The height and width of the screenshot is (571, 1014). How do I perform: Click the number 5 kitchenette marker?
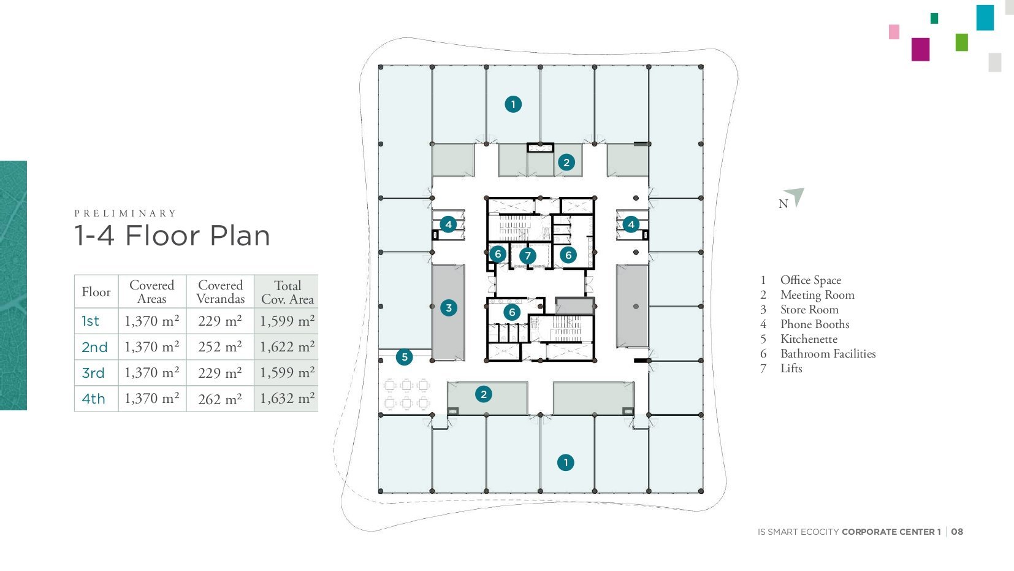pyautogui.click(x=404, y=357)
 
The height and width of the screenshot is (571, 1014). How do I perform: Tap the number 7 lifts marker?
pyautogui.click(x=527, y=256)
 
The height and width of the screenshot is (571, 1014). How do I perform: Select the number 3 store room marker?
pyautogui.click(x=449, y=308)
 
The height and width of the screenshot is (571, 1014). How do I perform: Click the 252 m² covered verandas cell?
pyautogui.click(x=220, y=347)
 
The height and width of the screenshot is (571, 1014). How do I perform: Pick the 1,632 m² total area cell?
pyautogui.click(x=287, y=399)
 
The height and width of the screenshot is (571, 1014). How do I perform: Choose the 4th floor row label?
pyautogui.click(x=93, y=399)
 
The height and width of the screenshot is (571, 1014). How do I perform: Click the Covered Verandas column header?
pyautogui.click(x=221, y=292)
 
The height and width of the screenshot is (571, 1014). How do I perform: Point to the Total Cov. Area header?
pyautogui.click(x=288, y=292)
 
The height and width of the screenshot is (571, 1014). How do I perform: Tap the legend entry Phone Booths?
pyautogui.click(x=814, y=324)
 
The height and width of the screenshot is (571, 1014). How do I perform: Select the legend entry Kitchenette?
pyautogui.click(x=809, y=339)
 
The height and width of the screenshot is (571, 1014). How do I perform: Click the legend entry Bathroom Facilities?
pyautogui.click(x=828, y=354)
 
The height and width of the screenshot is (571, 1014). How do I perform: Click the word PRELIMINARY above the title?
pyautogui.click(x=125, y=213)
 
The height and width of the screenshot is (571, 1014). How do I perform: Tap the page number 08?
pyautogui.click(x=957, y=532)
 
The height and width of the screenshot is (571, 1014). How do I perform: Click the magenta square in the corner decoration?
pyautogui.click(x=920, y=49)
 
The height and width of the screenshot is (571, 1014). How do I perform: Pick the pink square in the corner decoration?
pyautogui.click(x=894, y=32)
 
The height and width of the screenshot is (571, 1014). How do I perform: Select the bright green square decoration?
pyautogui.click(x=961, y=42)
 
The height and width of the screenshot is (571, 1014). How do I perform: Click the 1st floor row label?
pyautogui.click(x=90, y=321)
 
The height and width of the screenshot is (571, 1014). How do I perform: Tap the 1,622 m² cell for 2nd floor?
pyautogui.click(x=287, y=347)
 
